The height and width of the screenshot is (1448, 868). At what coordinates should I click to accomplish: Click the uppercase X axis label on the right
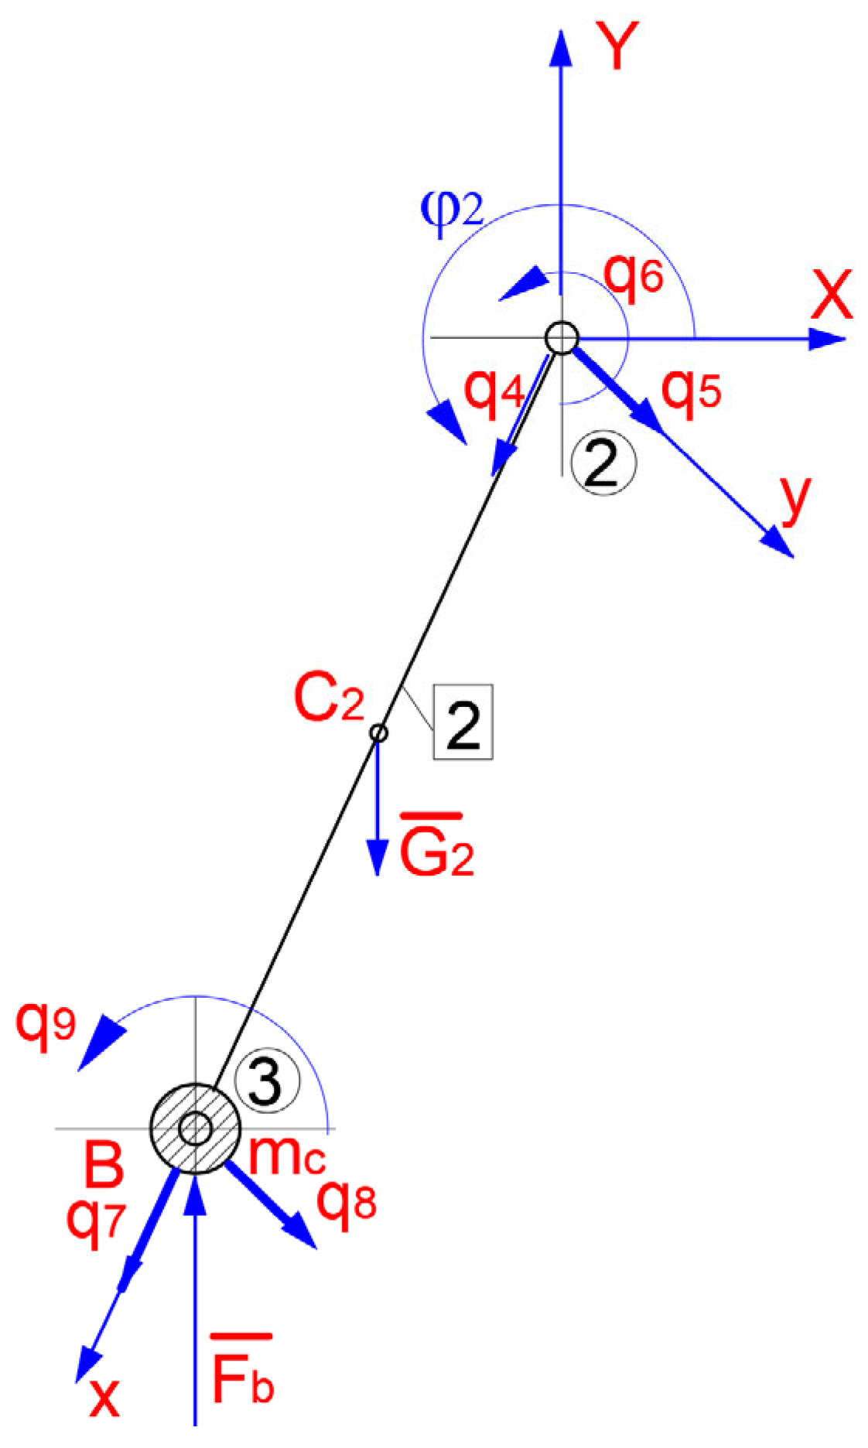(832, 295)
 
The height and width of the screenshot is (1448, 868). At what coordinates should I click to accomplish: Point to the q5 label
(691, 391)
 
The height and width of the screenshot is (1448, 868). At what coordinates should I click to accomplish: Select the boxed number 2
(463, 721)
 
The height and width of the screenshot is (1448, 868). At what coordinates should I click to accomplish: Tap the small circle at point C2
(378, 732)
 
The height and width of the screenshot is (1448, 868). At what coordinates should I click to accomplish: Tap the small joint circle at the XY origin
(561, 338)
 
